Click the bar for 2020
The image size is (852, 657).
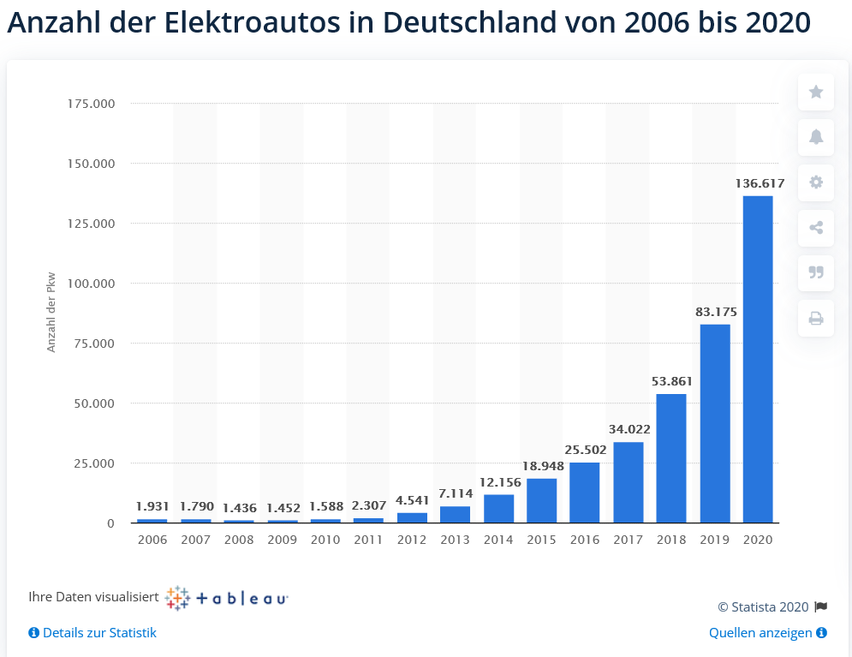pyautogui.click(x=758, y=360)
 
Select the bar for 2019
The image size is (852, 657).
pyautogui.click(x=715, y=423)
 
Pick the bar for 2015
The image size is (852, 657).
pyautogui.click(x=541, y=500)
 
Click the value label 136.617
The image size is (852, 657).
pyautogui.click(x=760, y=183)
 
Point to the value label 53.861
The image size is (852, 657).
pyautogui.click(x=672, y=381)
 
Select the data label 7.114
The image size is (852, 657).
pyautogui.click(x=456, y=493)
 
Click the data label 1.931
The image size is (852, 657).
pyautogui.click(x=152, y=506)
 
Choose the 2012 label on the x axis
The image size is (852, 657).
pyautogui.click(x=412, y=540)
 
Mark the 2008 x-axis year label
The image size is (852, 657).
pyautogui.click(x=239, y=540)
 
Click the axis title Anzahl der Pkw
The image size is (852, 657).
pyautogui.click(x=51, y=314)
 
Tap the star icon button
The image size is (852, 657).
pyautogui.click(x=816, y=92)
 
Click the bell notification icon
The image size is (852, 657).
pyautogui.click(x=816, y=137)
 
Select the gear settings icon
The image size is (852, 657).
pyautogui.click(x=816, y=182)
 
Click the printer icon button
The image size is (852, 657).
pyautogui.click(x=816, y=319)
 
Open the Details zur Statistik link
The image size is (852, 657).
pyautogui.click(x=99, y=633)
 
